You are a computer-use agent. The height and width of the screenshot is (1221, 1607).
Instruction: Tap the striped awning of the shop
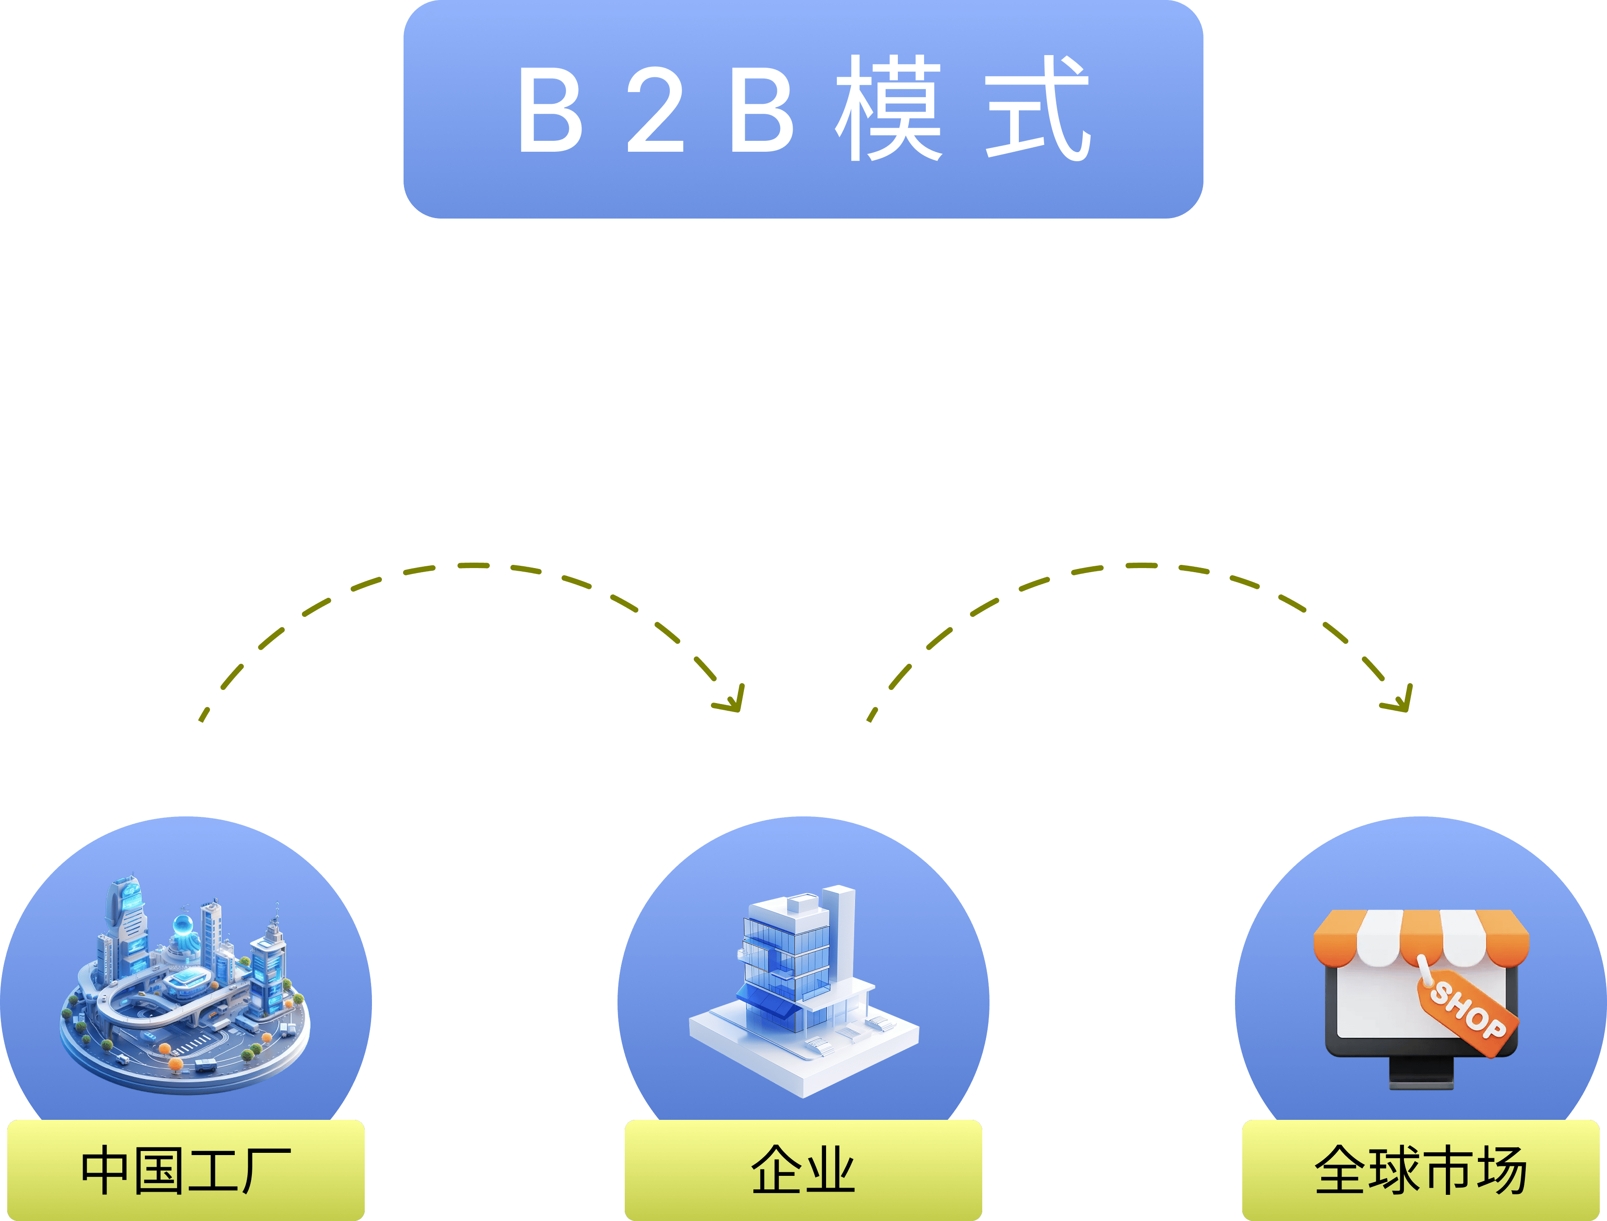pos(1421,937)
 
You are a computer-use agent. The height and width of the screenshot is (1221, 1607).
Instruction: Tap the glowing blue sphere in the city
pos(181,925)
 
